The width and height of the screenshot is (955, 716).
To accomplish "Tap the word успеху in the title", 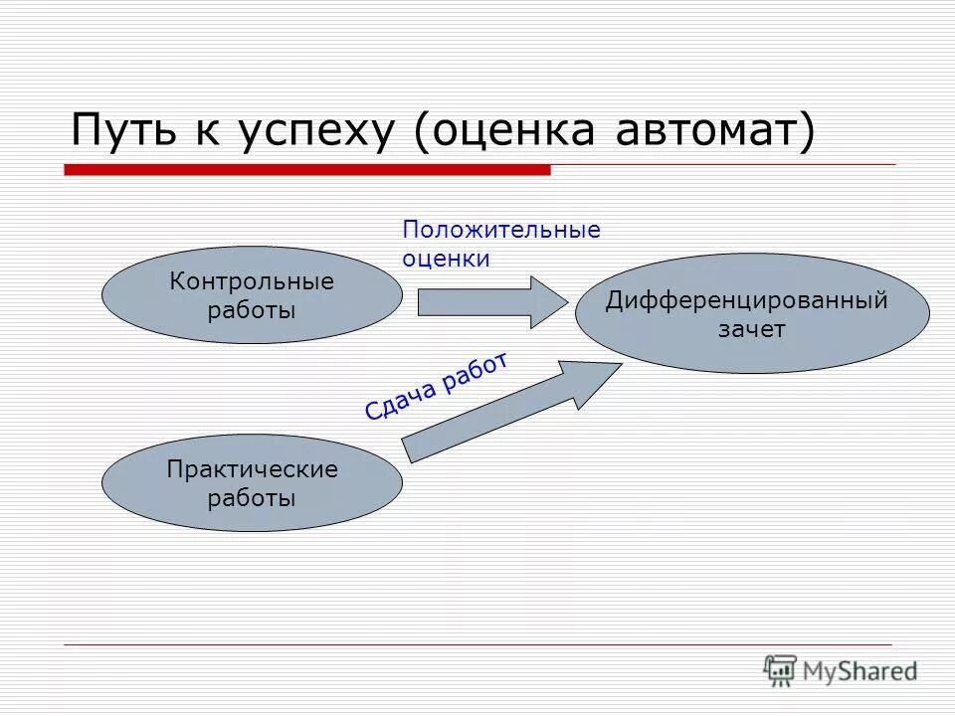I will click(317, 131).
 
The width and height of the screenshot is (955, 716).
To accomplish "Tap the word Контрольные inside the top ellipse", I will click(252, 281).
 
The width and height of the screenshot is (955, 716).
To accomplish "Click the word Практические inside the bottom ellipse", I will click(252, 469).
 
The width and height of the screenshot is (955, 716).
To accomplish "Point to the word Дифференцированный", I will click(746, 301).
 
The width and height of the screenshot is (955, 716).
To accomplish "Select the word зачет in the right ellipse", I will click(752, 330).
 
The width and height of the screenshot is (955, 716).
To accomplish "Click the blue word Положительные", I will click(501, 231).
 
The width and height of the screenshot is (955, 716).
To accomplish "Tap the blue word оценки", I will click(446, 259).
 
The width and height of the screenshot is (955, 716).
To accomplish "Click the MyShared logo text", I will click(860, 671).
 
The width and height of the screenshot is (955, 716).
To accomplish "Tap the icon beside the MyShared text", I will click(780, 670).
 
